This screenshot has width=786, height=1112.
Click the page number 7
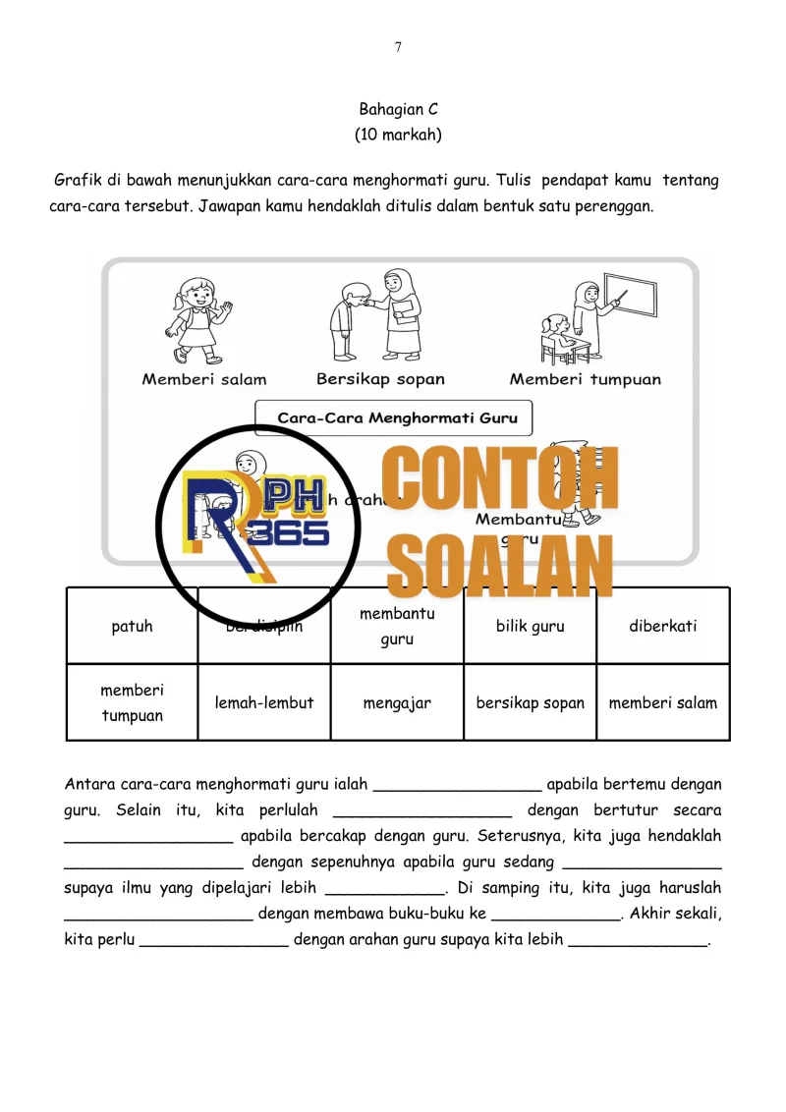[398, 47]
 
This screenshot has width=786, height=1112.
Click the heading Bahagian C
[398, 110]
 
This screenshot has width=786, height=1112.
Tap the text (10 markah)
[398, 136]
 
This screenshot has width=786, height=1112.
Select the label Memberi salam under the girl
[204, 379]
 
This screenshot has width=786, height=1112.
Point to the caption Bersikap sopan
[380, 378]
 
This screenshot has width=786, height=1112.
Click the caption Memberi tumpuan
[585, 379]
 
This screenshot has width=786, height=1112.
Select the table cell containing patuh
[133, 626]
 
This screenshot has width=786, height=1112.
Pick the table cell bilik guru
[531, 626]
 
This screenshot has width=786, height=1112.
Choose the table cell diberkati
[663, 626]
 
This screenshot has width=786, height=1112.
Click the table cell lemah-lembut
[264, 702]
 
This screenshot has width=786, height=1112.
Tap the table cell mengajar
[398, 702]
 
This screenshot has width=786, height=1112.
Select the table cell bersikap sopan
[531, 702]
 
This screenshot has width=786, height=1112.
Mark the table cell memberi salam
[663, 702]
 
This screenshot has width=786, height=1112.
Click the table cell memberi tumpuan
[133, 702]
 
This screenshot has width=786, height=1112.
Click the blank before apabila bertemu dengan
[458, 785]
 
